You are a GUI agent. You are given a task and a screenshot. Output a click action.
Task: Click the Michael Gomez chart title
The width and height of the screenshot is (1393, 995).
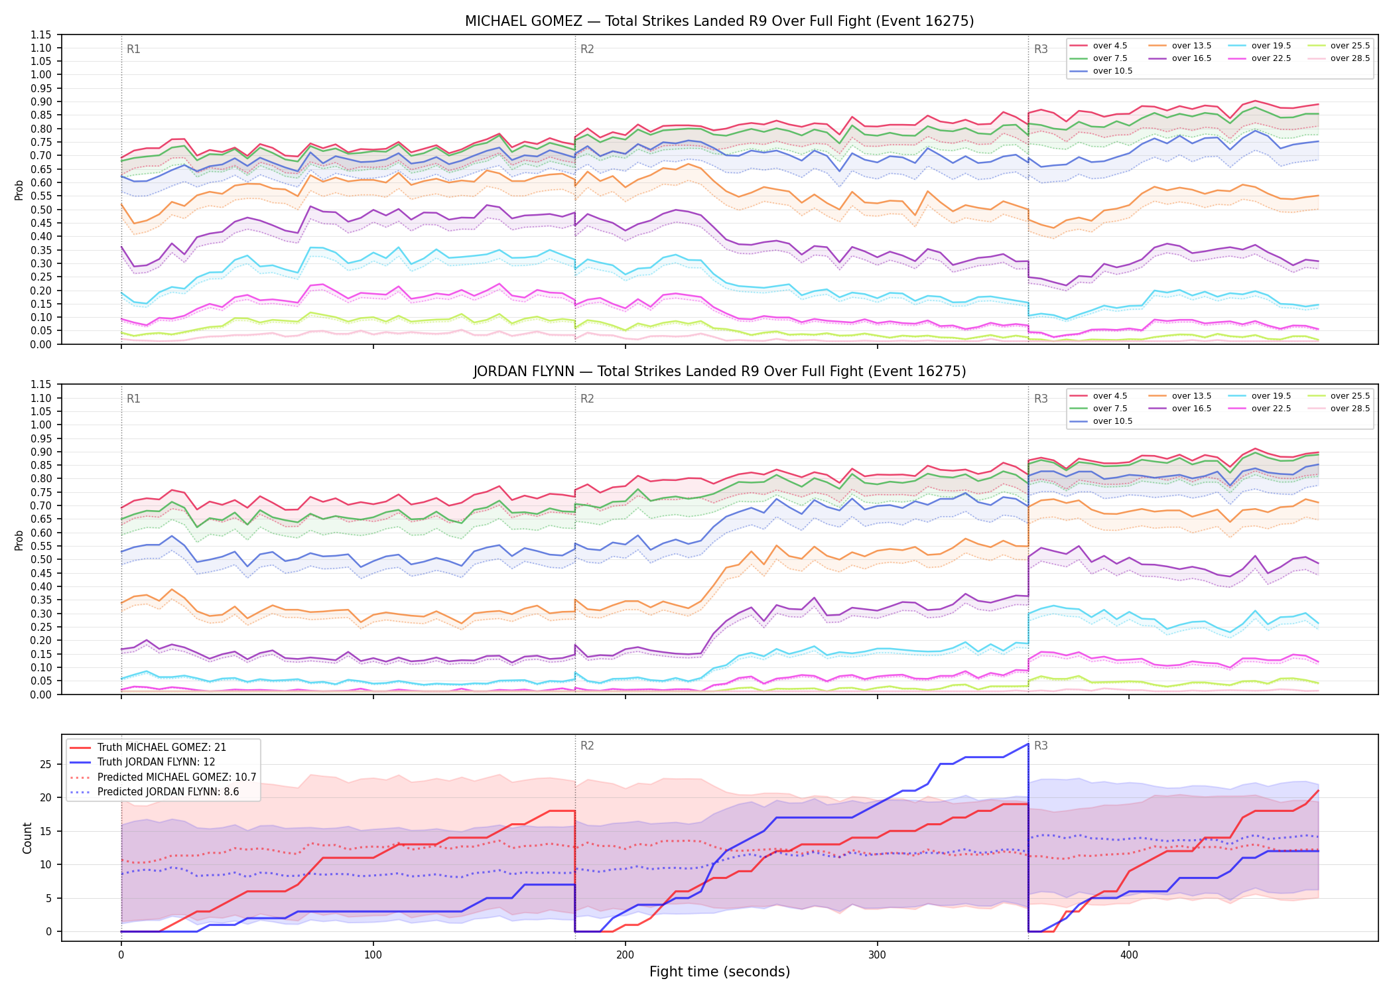tap(719, 21)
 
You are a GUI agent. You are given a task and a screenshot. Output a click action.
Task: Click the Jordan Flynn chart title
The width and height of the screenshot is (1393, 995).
tap(719, 371)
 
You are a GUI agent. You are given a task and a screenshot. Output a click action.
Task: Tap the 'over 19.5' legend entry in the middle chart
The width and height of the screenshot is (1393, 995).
tap(1260, 396)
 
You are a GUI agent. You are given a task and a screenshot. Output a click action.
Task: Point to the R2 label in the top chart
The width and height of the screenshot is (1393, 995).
tap(587, 49)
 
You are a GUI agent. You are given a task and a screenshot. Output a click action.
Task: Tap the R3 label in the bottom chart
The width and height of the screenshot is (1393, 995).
tap(1041, 746)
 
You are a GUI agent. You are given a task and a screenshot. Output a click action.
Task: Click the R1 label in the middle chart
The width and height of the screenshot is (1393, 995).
tap(133, 399)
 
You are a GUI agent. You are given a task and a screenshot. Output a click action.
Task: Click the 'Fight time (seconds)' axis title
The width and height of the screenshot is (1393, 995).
tap(720, 972)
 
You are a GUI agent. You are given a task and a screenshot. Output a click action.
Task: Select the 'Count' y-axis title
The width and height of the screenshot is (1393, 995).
tap(27, 838)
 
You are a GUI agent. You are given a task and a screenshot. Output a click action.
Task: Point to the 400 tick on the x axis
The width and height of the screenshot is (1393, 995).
tap(1129, 955)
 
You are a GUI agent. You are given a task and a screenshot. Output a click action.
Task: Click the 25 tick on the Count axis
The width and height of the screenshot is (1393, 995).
tap(46, 764)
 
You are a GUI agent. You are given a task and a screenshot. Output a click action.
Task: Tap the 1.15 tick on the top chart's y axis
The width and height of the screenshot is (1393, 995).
tap(41, 34)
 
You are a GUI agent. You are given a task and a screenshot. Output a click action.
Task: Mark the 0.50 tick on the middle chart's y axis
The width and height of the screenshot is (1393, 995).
tap(41, 559)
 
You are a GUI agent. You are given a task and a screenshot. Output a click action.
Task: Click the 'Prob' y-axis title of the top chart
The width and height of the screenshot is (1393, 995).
tap(19, 190)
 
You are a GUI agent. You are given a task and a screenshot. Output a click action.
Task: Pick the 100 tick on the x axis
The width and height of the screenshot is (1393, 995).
tap(373, 955)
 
